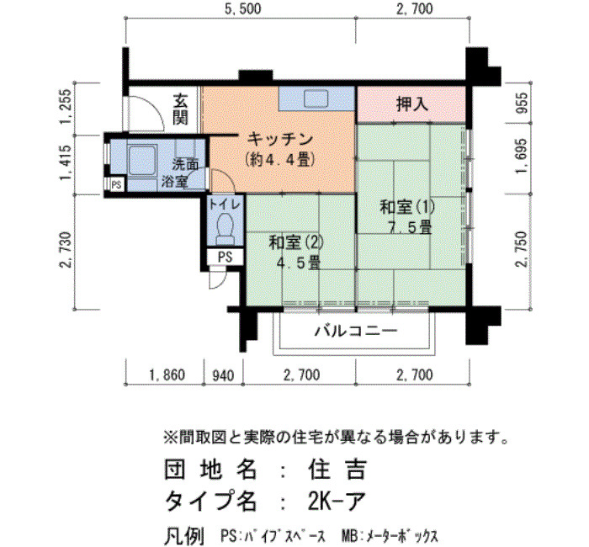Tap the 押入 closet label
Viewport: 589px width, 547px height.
point(412,104)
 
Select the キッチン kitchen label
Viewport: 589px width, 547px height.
point(280,139)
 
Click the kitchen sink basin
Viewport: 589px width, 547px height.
point(316,98)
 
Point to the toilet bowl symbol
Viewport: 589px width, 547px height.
point(226,228)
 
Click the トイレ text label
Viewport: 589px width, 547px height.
point(225,204)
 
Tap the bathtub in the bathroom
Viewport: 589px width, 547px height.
point(142,162)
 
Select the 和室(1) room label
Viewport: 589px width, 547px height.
point(407,207)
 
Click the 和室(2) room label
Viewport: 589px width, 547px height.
point(296,242)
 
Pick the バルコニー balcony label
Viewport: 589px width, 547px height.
point(356,331)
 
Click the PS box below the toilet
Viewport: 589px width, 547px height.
point(226,257)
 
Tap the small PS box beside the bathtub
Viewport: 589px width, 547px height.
point(116,185)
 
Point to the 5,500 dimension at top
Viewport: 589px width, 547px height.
point(242,8)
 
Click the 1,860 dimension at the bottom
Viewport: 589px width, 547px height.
point(167,375)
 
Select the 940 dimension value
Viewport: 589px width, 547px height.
point(223,375)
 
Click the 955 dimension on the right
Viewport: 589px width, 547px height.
point(523,102)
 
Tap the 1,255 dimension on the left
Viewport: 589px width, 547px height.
point(66,105)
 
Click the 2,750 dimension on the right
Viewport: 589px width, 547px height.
point(523,249)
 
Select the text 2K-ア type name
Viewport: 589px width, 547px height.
point(337,501)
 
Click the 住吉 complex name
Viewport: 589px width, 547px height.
point(337,470)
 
